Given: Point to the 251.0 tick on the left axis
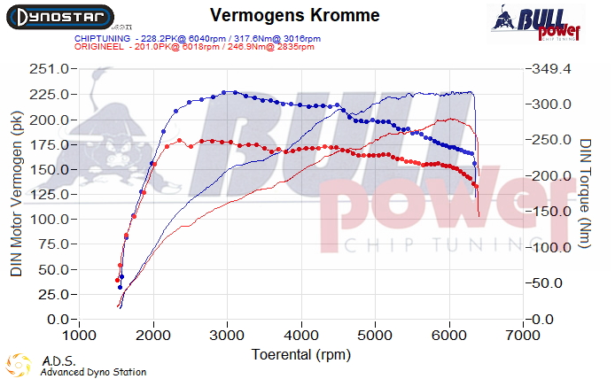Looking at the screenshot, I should (51, 69).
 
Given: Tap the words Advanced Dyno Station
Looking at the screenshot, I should (93, 372).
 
